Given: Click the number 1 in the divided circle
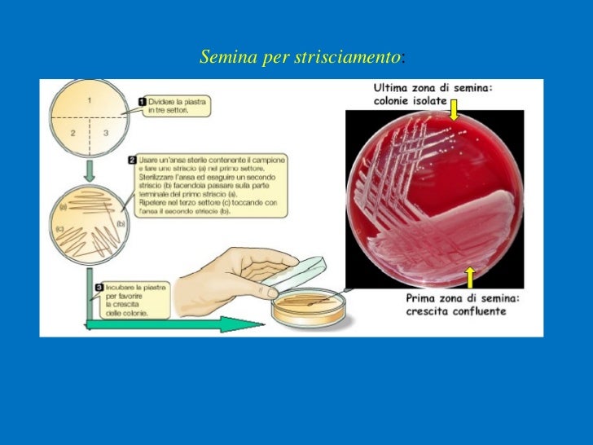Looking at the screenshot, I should click(88, 100).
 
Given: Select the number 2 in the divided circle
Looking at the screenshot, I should click(72, 133).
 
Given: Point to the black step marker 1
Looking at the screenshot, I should click(142, 102).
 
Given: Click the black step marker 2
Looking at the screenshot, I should click(133, 159).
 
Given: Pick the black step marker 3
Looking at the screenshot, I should click(99, 286).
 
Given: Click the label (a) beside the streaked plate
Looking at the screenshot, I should click(62, 208).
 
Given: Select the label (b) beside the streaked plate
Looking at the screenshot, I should click(121, 223).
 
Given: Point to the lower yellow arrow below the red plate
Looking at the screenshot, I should click(469, 276).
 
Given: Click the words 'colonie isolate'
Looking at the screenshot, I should click(411, 100).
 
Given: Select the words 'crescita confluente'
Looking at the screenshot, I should click(455, 311).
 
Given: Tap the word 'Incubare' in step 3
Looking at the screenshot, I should click(119, 287).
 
